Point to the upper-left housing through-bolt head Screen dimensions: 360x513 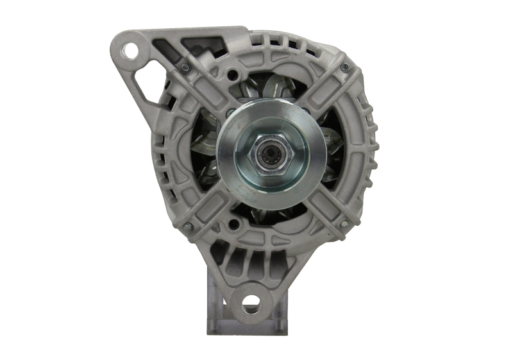pos(186,67)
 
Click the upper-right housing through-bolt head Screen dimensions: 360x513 pos(344,67)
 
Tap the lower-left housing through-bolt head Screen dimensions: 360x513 pos(188,227)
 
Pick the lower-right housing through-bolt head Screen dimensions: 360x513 pos(344,224)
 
